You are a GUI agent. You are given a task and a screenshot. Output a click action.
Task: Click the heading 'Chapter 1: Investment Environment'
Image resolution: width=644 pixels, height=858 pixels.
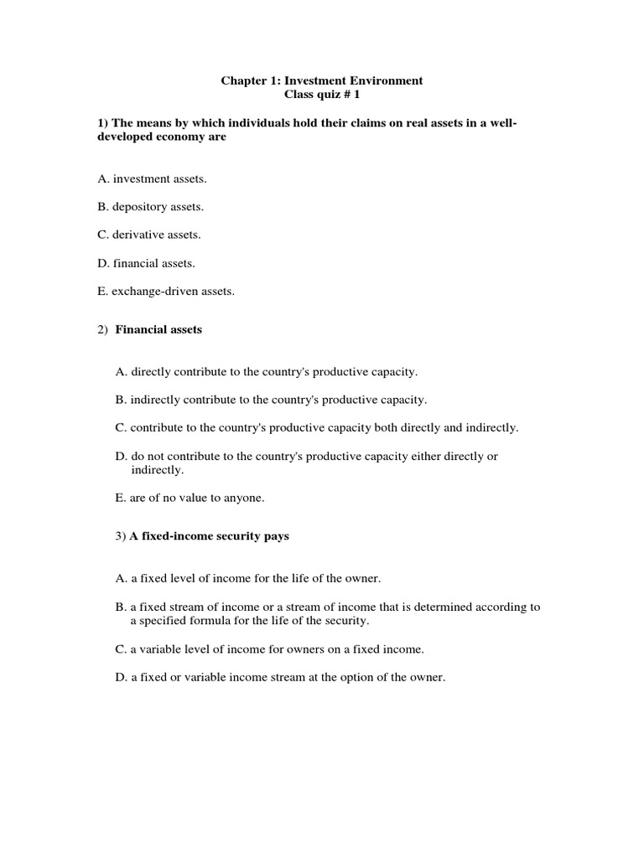[x=321, y=80]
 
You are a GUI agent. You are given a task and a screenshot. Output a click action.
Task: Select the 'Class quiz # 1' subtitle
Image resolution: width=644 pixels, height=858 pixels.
[x=322, y=96]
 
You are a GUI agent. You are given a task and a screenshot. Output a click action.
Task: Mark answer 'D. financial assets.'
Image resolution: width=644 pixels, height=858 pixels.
[x=146, y=263]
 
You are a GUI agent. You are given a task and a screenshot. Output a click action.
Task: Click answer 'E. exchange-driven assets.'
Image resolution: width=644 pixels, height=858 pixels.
[x=166, y=292]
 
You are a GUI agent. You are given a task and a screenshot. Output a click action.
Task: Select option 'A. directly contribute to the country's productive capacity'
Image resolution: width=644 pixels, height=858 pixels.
[x=266, y=370]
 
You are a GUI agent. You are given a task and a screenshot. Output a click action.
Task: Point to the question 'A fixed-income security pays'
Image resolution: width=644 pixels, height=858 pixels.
[x=209, y=536]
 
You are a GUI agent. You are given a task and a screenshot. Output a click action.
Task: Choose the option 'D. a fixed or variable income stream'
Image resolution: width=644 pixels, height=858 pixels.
[x=279, y=677]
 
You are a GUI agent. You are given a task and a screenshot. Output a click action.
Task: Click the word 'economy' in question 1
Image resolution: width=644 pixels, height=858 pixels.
[x=179, y=138]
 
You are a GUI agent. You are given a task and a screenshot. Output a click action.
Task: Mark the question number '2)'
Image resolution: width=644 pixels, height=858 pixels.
[x=102, y=330]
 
